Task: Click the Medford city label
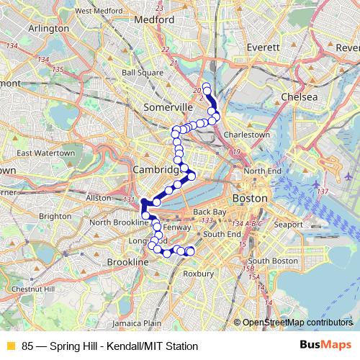(x=155, y=19)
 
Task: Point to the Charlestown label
(x=247, y=135)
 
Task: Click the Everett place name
(x=263, y=47)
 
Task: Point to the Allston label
(x=98, y=197)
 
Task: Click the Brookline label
(x=128, y=264)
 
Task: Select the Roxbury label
(x=199, y=274)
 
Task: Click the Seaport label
(x=287, y=225)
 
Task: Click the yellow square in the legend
(x=10, y=346)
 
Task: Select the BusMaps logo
(x=325, y=346)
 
